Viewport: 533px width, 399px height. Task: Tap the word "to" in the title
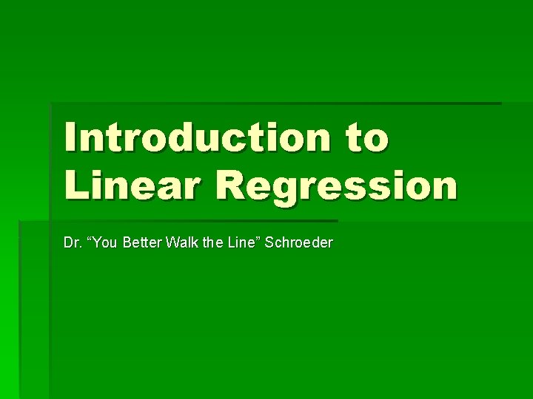click(362, 139)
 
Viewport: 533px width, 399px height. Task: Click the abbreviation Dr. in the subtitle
click(73, 242)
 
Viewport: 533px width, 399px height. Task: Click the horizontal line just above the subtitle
click(178, 220)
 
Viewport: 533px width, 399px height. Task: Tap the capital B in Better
click(127, 242)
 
